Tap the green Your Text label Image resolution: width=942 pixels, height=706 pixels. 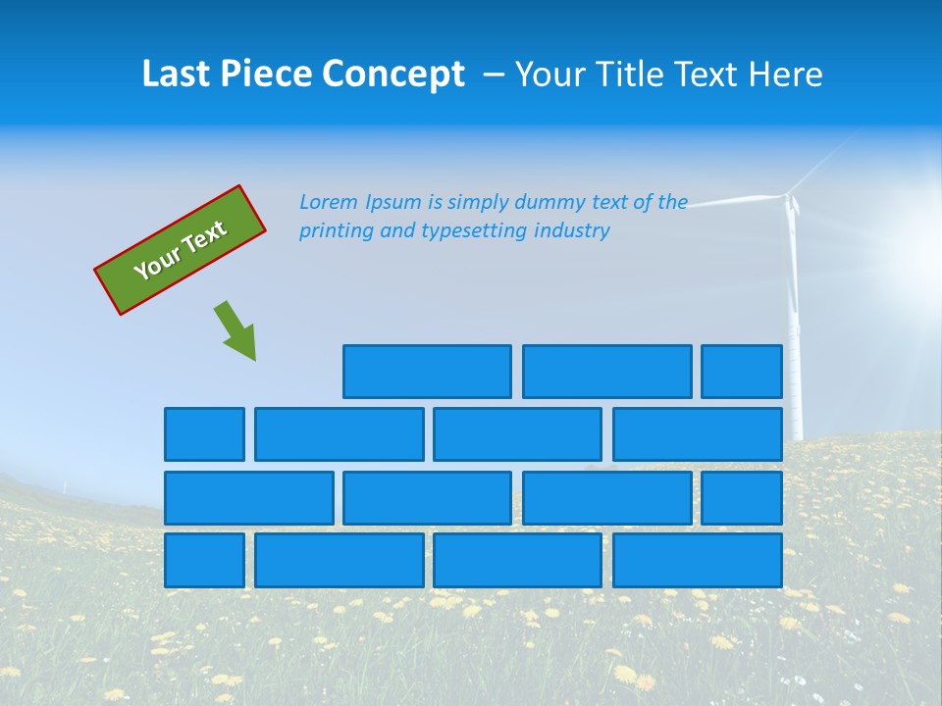(x=181, y=250)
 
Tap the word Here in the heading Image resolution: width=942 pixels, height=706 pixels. (x=785, y=75)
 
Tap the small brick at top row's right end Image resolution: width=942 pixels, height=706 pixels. (x=742, y=372)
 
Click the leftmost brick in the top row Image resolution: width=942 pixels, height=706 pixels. (x=427, y=372)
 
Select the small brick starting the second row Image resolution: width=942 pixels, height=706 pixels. (x=204, y=434)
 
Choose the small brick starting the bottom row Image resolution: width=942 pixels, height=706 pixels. (x=204, y=560)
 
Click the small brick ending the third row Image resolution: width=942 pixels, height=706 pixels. (x=742, y=498)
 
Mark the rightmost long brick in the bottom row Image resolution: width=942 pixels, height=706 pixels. (x=698, y=560)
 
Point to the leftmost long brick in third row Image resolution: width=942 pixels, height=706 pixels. (x=248, y=498)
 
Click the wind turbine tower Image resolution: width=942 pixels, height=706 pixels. (x=795, y=324)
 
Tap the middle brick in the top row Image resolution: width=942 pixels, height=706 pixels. (x=606, y=372)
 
